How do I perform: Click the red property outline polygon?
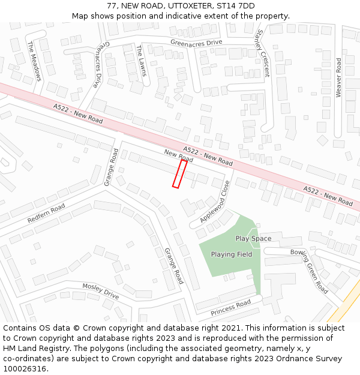click(179, 173)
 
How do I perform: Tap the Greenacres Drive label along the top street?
click(196, 43)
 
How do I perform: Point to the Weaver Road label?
click(338, 77)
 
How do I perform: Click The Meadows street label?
click(34, 61)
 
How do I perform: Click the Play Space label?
click(253, 238)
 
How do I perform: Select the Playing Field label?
click(232, 254)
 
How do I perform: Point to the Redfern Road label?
click(46, 213)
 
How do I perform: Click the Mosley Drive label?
click(101, 292)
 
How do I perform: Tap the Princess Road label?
click(230, 308)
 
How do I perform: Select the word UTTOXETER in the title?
click(189, 6)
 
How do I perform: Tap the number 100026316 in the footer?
click(24, 368)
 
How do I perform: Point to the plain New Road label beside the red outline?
click(179, 156)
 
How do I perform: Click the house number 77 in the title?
click(112, 6)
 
